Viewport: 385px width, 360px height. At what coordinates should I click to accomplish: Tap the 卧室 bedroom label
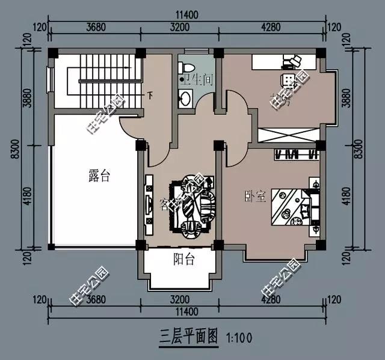(x=255, y=196)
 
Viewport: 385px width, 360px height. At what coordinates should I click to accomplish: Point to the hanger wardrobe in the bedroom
(x=295, y=154)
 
